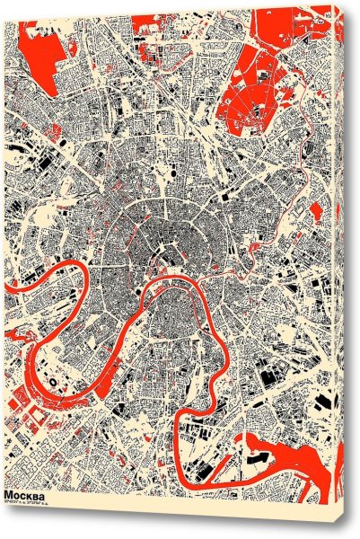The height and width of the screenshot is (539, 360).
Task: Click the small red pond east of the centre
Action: tap(317, 214)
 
